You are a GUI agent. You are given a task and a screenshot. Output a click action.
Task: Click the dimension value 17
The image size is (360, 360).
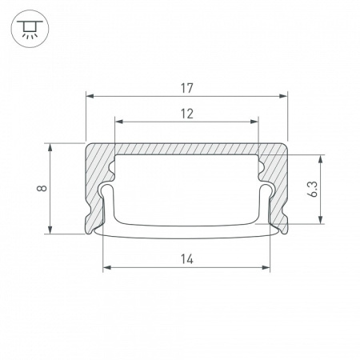186,87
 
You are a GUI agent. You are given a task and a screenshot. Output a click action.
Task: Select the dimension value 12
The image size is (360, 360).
186,113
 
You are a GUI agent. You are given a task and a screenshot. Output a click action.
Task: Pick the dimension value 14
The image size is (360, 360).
186,258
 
